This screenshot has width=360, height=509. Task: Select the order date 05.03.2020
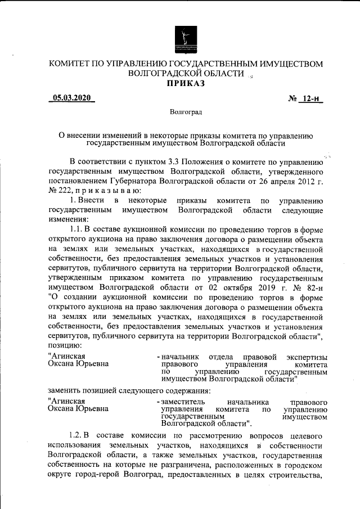click(72, 98)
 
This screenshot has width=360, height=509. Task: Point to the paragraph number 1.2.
click(75, 436)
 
